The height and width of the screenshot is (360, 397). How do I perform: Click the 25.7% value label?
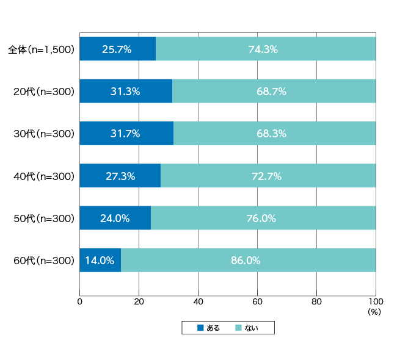tap(117, 49)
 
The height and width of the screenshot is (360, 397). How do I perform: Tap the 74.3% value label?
tap(263, 49)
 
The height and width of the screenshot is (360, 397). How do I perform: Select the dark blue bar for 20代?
tap(126, 91)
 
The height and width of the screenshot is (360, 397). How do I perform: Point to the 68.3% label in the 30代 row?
tap(271, 134)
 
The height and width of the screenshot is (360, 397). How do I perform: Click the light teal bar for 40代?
tap(268, 176)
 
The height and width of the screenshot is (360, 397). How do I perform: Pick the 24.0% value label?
tap(115, 218)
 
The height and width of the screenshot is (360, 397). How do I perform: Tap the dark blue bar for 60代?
tap(100, 260)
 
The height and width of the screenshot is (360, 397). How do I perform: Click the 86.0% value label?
tap(246, 261)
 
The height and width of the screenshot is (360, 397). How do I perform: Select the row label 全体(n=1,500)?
tap(42, 49)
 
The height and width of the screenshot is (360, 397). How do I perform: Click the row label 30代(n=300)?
tap(44, 134)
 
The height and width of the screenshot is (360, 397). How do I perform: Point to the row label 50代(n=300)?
tap(44, 218)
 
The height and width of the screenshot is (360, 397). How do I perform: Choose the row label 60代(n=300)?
tap(44, 261)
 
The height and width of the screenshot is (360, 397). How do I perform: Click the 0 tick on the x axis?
tap(80, 301)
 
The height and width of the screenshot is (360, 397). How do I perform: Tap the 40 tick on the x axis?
tap(198, 301)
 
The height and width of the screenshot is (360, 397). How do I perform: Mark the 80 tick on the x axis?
tap(316, 301)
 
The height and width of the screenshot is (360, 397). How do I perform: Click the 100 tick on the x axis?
tap(376, 301)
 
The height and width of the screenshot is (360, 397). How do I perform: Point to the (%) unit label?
tap(374, 312)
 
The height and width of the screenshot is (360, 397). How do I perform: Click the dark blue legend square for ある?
tap(200, 328)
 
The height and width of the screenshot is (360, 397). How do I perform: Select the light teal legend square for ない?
tap(238, 328)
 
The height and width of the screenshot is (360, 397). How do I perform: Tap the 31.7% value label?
tap(125, 134)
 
